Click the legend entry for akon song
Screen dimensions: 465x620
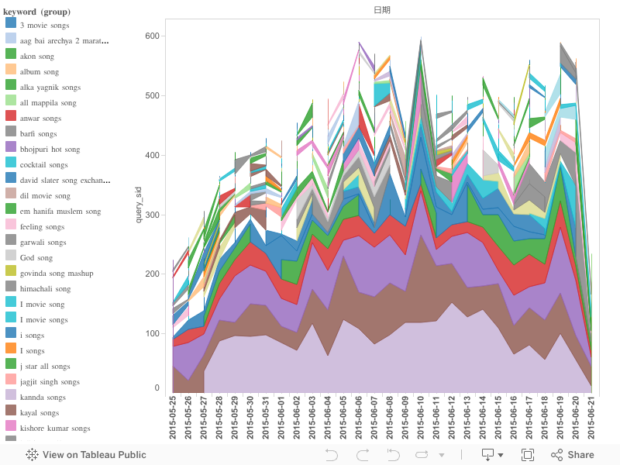(36, 57)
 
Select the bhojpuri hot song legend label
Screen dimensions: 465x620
(50, 150)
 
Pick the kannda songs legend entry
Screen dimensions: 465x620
(43, 398)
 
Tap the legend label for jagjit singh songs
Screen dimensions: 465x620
(50, 382)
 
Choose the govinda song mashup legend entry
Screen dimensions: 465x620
(57, 274)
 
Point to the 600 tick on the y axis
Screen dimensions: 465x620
(151, 36)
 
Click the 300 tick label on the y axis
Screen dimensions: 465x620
(151, 215)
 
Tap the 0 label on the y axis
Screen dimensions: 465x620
(157, 388)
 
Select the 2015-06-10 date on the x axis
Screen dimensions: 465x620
(420, 418)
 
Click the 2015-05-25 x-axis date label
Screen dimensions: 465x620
(173, 418)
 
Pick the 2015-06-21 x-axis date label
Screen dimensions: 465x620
(591, 418)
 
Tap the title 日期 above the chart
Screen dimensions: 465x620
(382, 10)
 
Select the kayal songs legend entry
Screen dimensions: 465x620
(40, 413)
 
